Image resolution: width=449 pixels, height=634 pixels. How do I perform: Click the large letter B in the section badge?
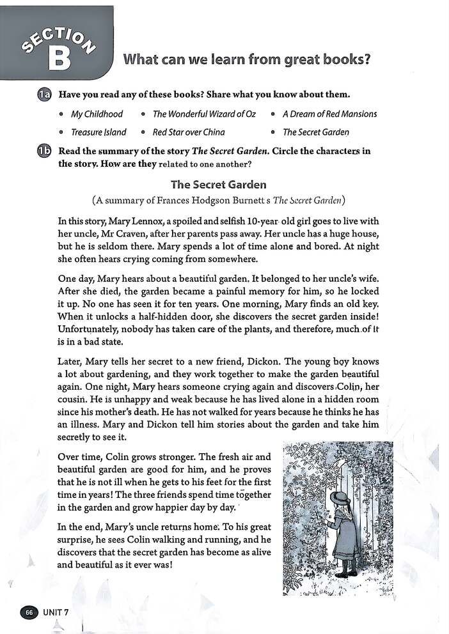pos(58,59)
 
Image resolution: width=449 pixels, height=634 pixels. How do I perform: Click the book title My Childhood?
pos(97,114)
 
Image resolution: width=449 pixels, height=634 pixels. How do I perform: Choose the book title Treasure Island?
pos(98,132)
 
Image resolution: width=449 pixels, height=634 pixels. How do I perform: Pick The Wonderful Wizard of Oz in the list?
pos(204,114)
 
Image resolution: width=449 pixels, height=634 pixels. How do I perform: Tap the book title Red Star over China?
pos(189,132)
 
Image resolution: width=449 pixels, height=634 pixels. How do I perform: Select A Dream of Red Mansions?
pos(329,114)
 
